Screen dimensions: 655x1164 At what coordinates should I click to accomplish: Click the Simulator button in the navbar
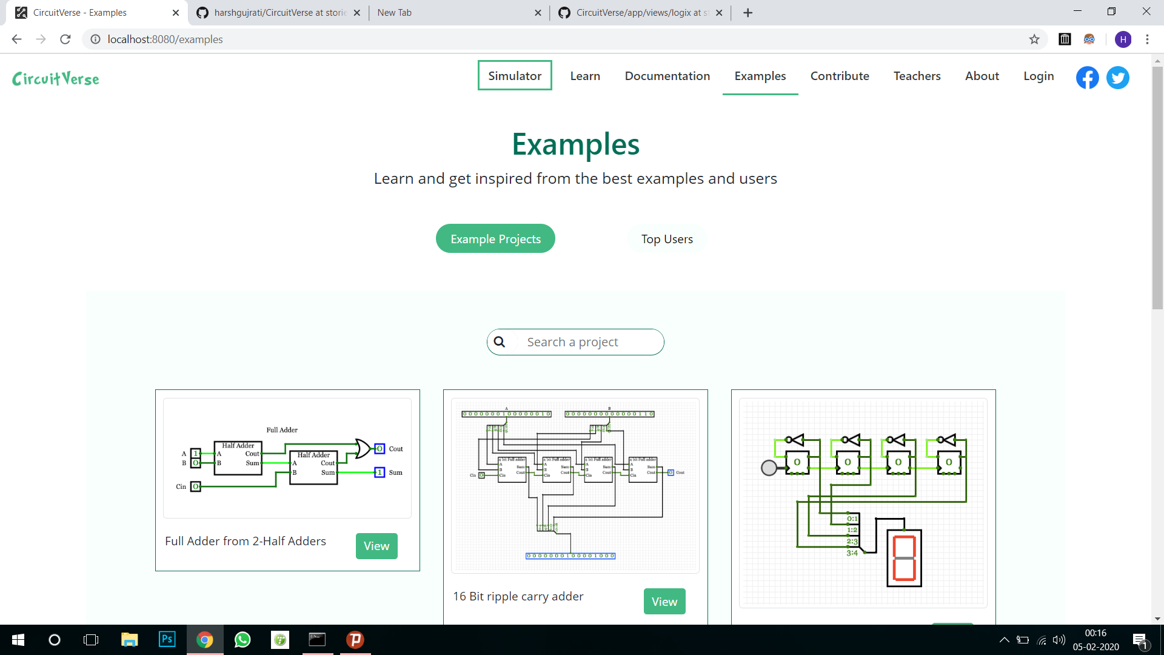[514, 76]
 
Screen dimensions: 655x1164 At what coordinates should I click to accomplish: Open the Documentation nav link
[667, 76]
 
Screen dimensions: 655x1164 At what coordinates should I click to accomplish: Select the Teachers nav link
[917, 76]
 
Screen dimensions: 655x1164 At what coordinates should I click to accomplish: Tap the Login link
[1039, 76]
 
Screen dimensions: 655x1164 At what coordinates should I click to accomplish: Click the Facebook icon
[1087, 78]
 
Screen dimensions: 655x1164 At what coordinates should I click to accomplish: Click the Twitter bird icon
[1117, 78]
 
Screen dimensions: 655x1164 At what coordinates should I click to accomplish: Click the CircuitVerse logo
[56, 79]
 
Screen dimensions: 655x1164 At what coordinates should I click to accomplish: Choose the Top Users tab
[667, 239]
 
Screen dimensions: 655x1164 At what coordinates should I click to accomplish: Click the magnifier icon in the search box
[500, 342]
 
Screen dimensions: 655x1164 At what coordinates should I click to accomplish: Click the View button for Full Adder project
[376, 546]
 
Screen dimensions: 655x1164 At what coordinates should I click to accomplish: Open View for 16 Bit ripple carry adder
[664, 602]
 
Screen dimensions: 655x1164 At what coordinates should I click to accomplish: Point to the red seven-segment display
[904, 558]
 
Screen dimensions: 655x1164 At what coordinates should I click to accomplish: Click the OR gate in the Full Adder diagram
[363, 449]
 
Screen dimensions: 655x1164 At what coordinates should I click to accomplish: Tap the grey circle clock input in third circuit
[769, 468]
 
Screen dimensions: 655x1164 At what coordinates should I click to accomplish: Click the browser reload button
[65, 39]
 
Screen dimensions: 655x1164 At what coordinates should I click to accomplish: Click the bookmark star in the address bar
[1034, 39]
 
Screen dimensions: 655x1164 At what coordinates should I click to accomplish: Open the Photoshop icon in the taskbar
[167, 639]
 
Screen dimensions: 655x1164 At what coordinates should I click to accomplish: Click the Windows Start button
[18, 639]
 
